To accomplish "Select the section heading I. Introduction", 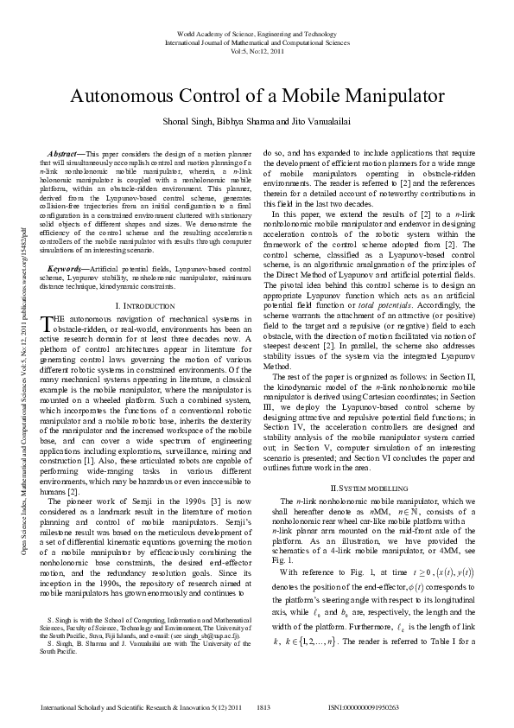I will pos(143,306).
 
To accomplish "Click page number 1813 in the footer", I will pos(270,706).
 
